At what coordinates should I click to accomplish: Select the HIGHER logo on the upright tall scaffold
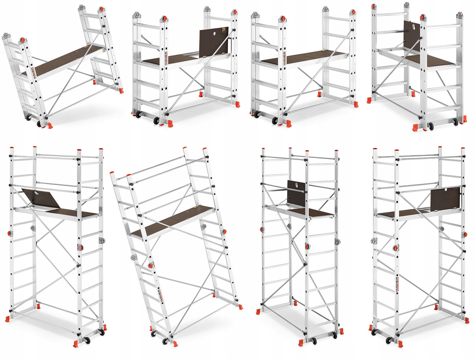[397, 284]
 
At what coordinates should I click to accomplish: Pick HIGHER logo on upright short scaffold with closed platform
[285, 58]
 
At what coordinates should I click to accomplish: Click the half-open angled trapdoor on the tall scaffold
[41, 198]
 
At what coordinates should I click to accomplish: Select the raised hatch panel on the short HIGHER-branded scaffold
[213, 42]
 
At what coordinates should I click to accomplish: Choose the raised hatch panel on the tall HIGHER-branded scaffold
[445, 199]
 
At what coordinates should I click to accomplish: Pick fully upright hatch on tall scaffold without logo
[296, 194]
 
